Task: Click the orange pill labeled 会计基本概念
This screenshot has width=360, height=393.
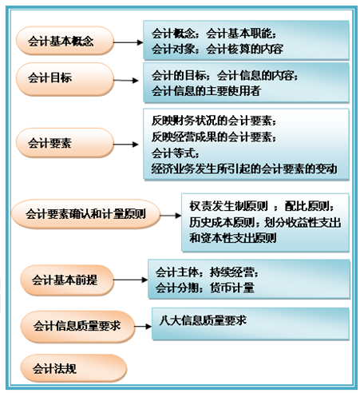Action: pos(65,41)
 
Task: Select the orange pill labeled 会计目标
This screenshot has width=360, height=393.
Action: pos(65,79)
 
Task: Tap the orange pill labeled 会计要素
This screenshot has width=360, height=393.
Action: pos(65,143)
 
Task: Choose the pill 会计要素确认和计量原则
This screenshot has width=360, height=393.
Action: pos(85,214)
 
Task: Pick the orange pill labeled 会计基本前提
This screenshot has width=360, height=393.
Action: pos(67,280)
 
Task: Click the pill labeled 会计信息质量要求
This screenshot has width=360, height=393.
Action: pos(77,327)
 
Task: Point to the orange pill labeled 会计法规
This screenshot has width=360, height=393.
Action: pos(73,368)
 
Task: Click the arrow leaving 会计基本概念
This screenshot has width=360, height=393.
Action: pos(129,42)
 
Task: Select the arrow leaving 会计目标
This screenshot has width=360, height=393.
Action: pos(126,80)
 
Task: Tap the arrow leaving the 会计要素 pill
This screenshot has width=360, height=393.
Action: pos(126,145)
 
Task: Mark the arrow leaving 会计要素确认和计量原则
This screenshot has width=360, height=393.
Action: pos(171,216)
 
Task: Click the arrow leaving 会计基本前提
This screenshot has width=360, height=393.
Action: pos(131,280)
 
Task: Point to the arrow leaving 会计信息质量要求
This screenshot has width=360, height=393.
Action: pos(143,327)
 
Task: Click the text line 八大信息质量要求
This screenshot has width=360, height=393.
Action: pos(203,320)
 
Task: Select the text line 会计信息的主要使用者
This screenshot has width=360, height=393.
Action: pos(206,91)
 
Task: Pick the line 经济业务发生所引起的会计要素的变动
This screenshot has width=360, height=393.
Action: pos(244,169)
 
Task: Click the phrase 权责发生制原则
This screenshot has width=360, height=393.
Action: pos(229,206)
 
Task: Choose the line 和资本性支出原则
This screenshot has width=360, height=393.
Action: pos(233,238)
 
